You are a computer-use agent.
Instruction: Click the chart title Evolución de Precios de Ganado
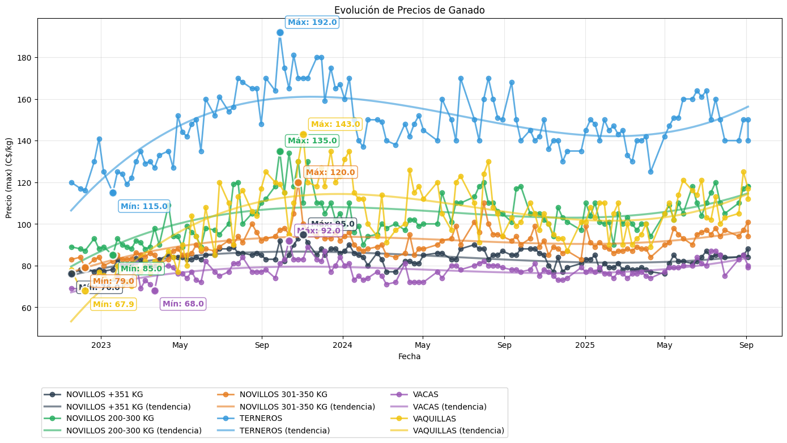(x=409, y=10)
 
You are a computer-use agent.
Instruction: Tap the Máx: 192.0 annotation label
(x=312, y=23)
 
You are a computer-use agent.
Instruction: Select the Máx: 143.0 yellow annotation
(x=335, y=125)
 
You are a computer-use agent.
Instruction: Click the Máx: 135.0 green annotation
(x=312, y=141)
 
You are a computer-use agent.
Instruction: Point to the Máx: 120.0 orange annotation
(x=330, y=173)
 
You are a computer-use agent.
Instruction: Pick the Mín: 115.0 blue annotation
(x=144, y=207)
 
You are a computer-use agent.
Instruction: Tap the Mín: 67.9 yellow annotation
(x=113, y=305)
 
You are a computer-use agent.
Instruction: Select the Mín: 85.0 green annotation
(x=141, y=269)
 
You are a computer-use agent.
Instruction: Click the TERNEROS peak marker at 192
(x=280, y=33)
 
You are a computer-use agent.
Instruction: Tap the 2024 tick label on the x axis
(x=342, y=345)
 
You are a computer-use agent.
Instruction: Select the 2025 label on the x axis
(x=585, y=345)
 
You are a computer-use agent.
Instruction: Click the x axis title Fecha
(x=409, y=357)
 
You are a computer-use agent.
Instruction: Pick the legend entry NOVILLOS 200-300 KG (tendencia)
(x=134, y=431)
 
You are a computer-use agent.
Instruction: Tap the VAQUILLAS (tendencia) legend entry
(x=458, y=431)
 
